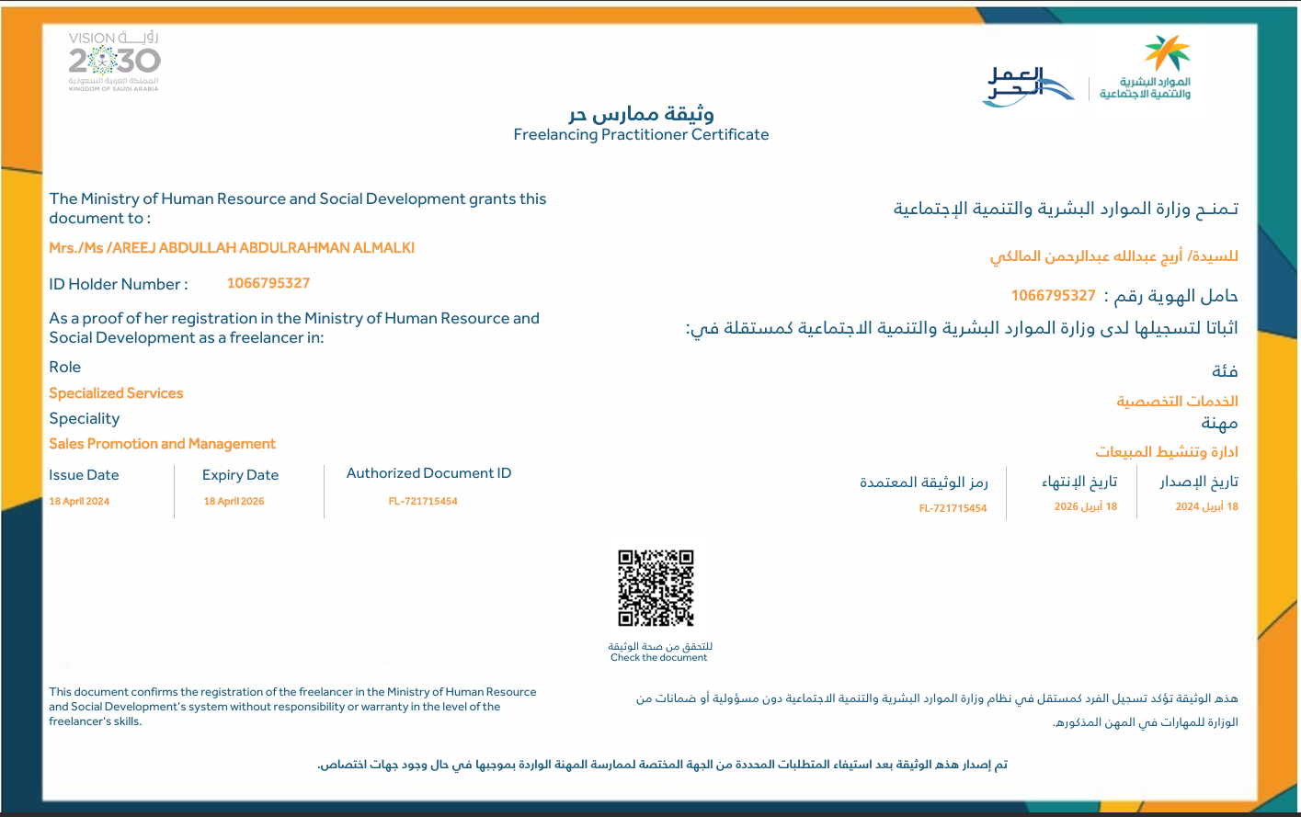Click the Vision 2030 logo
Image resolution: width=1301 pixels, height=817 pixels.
click(114, 62)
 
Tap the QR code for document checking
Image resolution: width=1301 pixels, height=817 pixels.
click(656, 588)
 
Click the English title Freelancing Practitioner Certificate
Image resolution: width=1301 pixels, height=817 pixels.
click(641, 135)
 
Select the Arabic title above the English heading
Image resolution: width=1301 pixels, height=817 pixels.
click(641, 114)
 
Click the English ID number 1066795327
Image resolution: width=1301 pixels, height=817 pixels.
click(268, 283)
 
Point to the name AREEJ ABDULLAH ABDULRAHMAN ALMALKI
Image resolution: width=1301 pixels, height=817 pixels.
click(232, 248)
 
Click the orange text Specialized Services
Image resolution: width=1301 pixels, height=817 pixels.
click(116, 393)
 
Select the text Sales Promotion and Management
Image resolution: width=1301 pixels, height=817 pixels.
click(162, 444)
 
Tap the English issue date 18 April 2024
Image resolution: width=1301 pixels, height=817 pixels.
click(79, 502)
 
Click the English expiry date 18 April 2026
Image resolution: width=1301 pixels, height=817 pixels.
click(234, 502)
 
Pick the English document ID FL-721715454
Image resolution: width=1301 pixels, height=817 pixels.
click(423, 502)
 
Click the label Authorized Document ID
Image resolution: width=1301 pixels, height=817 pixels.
click(428, 473)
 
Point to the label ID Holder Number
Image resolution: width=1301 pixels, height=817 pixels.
click(118, 285)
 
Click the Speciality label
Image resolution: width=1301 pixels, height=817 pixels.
click(85, 419)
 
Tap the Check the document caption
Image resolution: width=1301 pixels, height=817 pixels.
click(658, 658)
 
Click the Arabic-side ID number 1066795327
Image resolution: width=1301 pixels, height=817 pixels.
click(1053, 296)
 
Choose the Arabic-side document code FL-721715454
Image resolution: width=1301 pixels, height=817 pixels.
click(953, 509)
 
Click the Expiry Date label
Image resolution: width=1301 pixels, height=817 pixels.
click(240, 475)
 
